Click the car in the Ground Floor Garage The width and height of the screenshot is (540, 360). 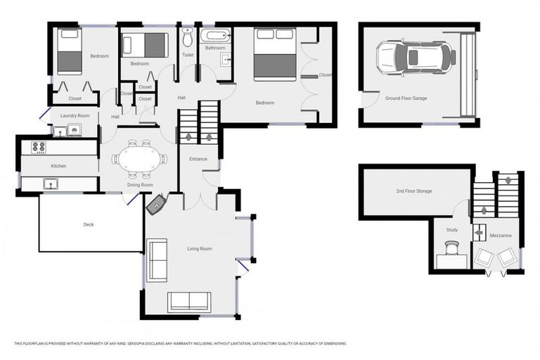(x=416, y=57)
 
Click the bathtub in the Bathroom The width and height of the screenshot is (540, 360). (x=214, y=34)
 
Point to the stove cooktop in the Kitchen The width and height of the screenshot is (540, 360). (x=39, y=147)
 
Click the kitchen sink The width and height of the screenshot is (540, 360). (x=49, y=184)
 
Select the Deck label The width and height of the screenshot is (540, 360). (x=89, y=225)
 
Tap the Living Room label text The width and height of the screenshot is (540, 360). (x=199, y=249)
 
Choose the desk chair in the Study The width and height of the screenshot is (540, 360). (x=451, y=247)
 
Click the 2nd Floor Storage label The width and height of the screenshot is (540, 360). (x=413, y=191)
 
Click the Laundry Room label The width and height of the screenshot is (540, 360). (x=75, y=115)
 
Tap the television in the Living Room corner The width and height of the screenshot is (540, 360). (x=156, y=205)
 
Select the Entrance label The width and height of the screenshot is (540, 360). (x=198, y=159)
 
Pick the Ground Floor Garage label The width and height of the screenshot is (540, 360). (x=406, y=98)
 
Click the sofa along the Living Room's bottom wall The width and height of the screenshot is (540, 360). (x=188, y=301)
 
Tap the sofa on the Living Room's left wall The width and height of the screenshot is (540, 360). (x=157, y=260)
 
